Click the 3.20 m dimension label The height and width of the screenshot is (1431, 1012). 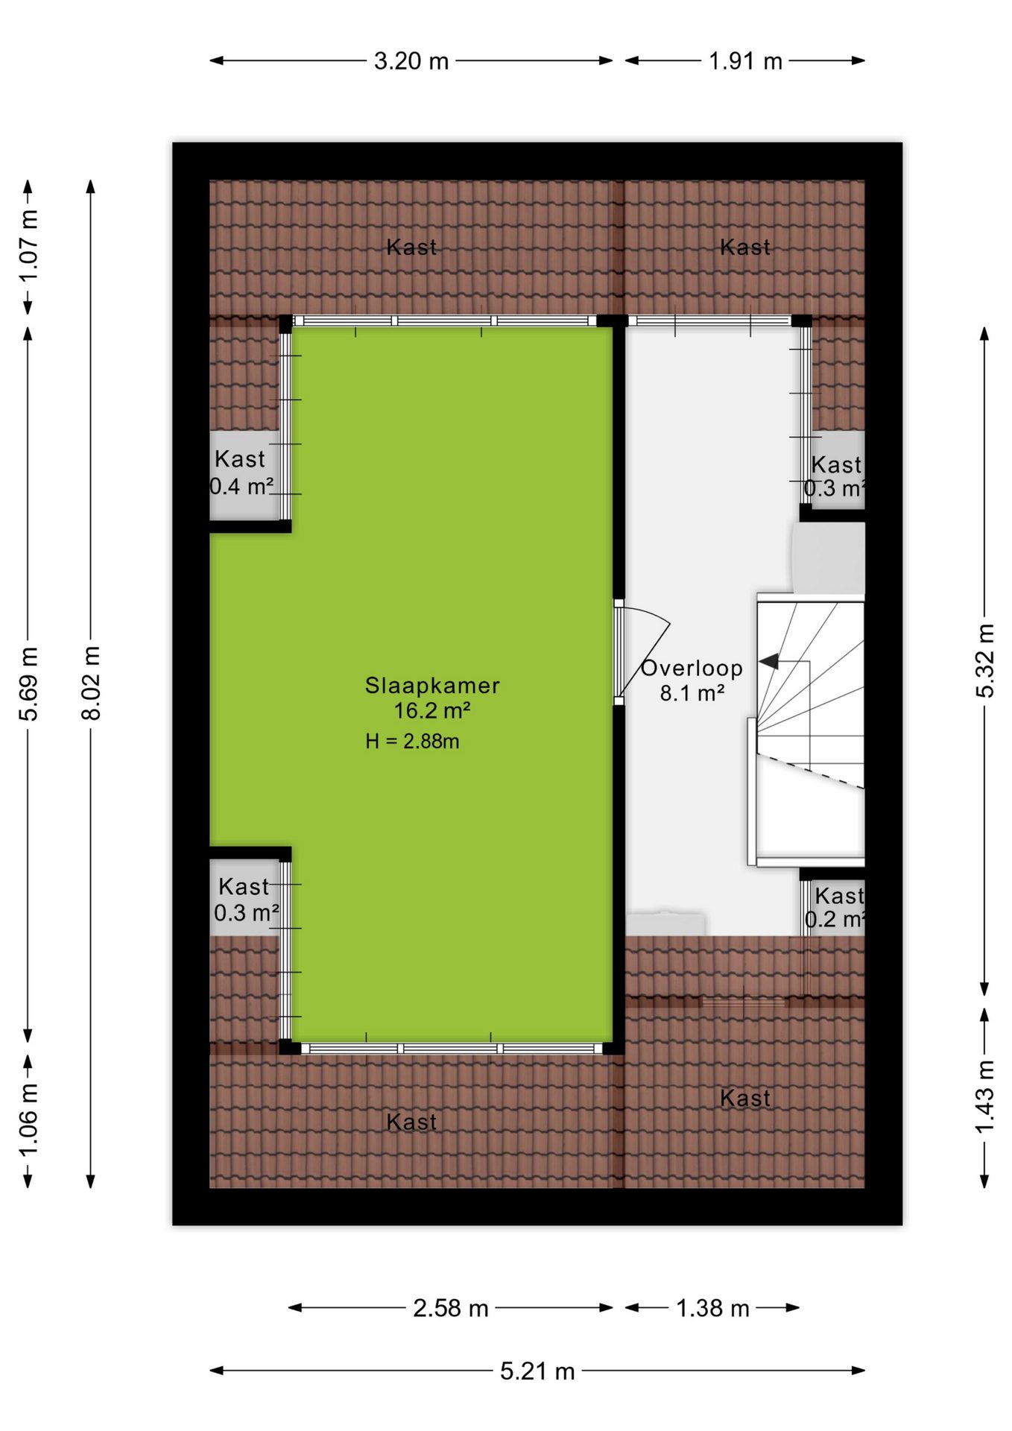pyautogui.click(x=411, y=61)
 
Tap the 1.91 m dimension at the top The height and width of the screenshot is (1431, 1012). pyautogui.click(x=745, y=61)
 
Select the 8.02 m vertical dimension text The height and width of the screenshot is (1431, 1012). pyautogui.click(x=91, y=683)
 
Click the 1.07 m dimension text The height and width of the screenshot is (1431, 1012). pyautogui.click(x=28, y=246)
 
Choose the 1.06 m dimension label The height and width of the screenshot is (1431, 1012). pyautogui.click(x=28, y=1120)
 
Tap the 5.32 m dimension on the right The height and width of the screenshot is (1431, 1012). pyautogui.click(x=985, y=660)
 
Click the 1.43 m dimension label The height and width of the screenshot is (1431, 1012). pyautogui.click(x=985, y=1096)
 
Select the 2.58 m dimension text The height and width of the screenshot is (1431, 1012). pyautogui.click(x=451, y=1308)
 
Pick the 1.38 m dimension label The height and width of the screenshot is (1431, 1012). pyautogui.click(x=712, y=1308)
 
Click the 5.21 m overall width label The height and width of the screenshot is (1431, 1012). pyautogui.click(x=537, y=1371)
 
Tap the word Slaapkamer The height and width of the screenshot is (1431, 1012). pyautogui.click(x=432, y=686)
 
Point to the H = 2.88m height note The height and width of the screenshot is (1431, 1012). pyautogui.click(x=412, y=741)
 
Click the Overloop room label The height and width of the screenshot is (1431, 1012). pyautogui.click(x=692, y=669)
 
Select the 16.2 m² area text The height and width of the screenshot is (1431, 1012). pyautogui.click(x=432, y=710)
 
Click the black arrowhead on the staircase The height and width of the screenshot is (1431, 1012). pyautogui.click(x=768, y=661)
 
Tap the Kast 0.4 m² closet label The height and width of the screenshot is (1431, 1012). pyautogui.click(x=241, y=473)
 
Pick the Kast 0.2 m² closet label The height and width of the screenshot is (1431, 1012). pyautogui.click(x=836, y=907)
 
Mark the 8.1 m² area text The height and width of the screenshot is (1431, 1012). pyautogui.click(x=692, y=693)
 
